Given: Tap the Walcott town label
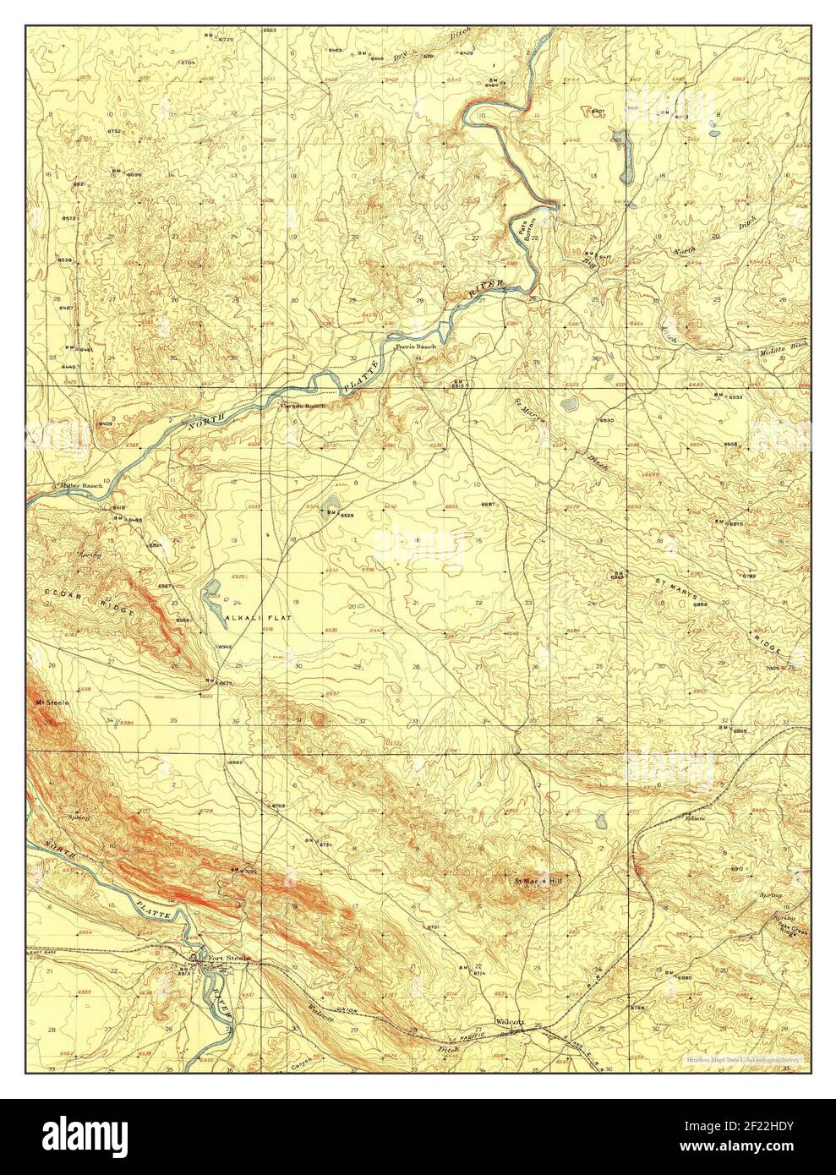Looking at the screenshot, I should [511, 1021].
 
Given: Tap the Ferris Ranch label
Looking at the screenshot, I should [414, 347].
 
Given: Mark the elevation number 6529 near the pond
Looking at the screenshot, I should [347, 515].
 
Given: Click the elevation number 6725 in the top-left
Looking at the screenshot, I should [201, 40].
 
